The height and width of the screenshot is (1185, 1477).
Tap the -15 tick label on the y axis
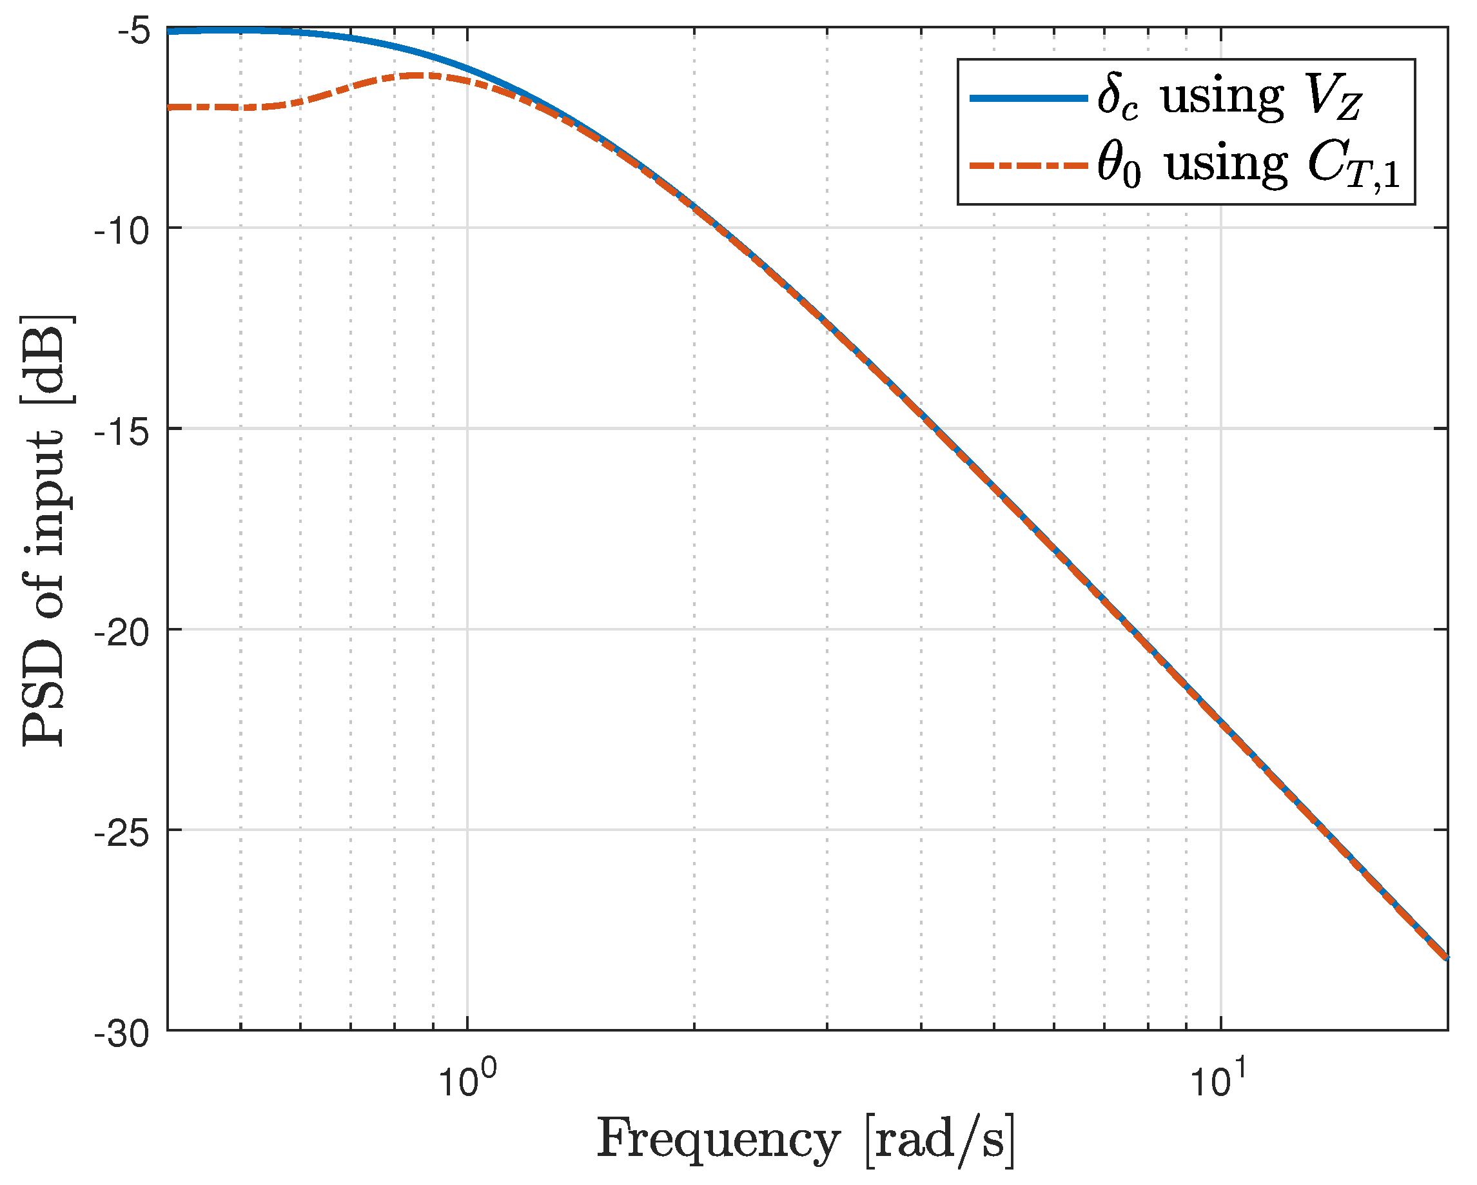click(121, 435)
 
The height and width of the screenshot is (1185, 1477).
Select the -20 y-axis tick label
click(121, 635)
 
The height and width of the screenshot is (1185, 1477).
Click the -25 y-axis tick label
click(121, 836)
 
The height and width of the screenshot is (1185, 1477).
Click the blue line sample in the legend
click(1028, 99)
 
